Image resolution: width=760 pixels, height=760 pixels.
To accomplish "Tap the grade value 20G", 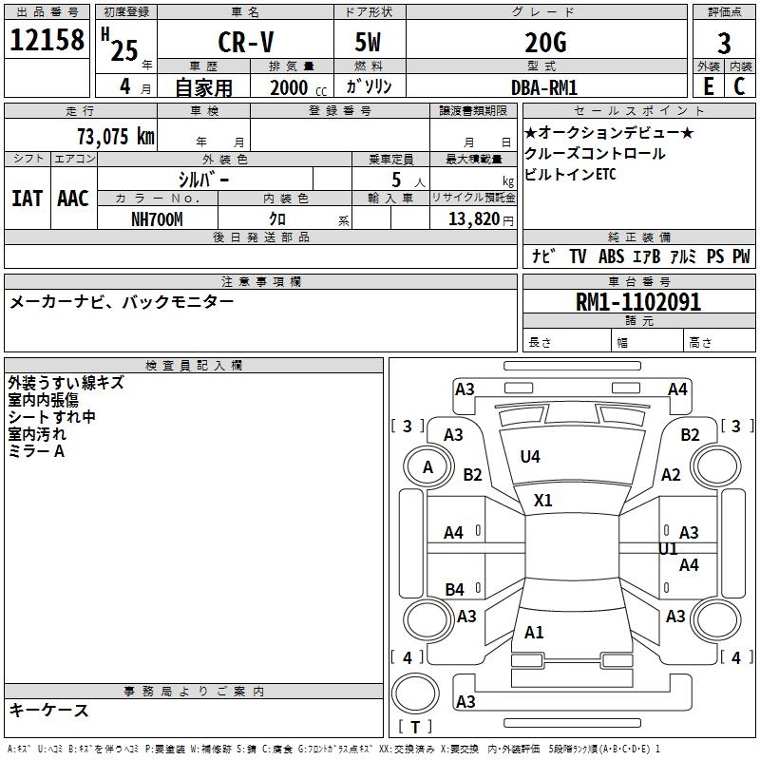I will [x=544, y=44].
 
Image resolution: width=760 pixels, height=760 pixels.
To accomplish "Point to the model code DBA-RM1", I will [x=544, y=87].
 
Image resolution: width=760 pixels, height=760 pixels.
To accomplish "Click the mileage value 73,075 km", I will [x=114, y=136].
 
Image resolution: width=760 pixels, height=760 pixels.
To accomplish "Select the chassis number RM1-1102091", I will [x=638, y=302].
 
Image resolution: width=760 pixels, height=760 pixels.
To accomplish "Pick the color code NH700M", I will [x=157, y=219].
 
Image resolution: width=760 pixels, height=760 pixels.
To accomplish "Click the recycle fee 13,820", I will [x=473, y=219].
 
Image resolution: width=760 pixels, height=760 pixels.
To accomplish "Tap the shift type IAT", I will [x=27, y=199].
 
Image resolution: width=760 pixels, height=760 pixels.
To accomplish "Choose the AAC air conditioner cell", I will [x=72, y=199].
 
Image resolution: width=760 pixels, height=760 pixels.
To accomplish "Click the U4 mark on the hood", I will [x=530, y=457].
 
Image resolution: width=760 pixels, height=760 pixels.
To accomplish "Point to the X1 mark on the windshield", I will [x=542, y=500].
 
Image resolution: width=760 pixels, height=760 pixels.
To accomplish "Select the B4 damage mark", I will [x=454, y=590].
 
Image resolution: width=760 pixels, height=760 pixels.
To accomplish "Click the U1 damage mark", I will [x=668, y=549].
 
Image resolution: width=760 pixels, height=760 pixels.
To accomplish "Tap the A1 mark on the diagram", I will [x=534, y=633].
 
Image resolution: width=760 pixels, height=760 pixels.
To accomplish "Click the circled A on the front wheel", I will [x=427, y=467].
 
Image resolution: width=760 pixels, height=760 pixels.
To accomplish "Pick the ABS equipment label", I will [x=611, y=256].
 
